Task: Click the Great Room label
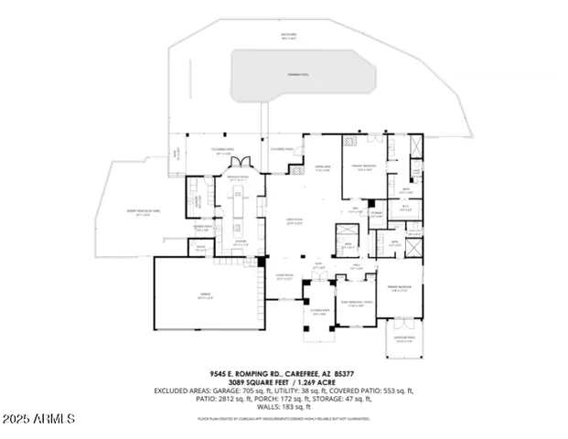pyautogui.click(x=292, y=219)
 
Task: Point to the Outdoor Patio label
pyautogui.click(x=404, y=337)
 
